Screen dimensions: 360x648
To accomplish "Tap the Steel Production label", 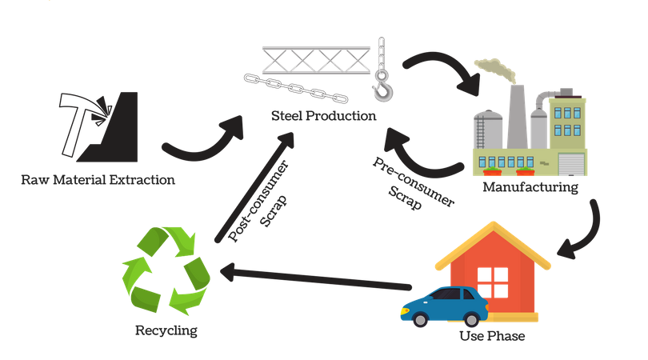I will coord(323,116).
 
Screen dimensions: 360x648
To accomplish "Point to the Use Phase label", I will coord(491,336).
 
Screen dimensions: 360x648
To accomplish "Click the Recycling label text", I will coord(166,329).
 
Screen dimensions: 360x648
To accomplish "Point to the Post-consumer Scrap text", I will coord(254,197).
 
